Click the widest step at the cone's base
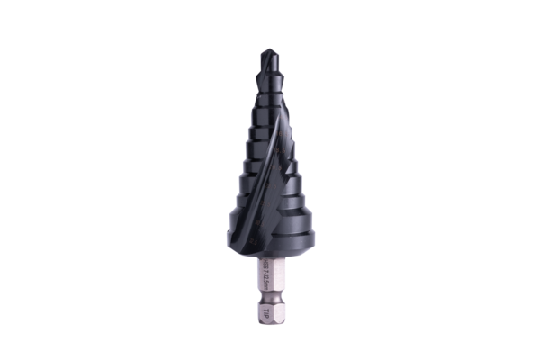coord(270,229)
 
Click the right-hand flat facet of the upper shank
coord(276,274)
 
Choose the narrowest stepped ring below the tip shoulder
coord(269,90)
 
